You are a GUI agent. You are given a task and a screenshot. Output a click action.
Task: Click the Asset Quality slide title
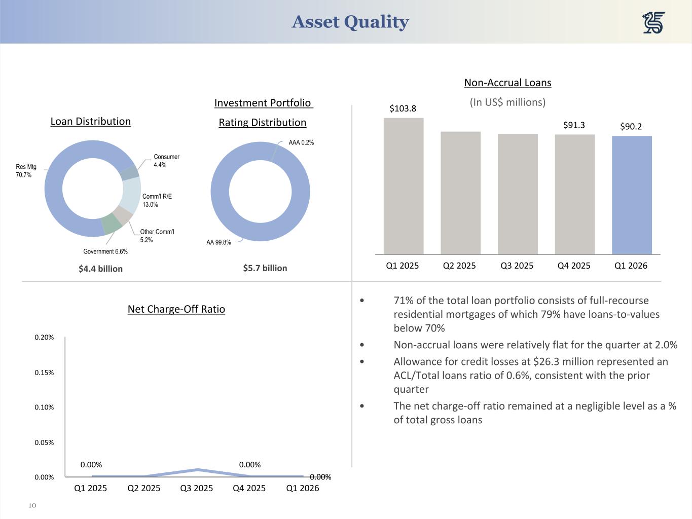tap(350, 22)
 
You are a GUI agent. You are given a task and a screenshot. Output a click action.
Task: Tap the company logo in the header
tap(653, 23)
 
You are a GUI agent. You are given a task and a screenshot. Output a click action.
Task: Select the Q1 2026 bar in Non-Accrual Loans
tap(632, 195)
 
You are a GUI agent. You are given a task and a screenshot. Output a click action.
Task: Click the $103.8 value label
tap(403, 108)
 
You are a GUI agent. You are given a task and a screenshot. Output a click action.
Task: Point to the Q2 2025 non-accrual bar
tap(460, 193)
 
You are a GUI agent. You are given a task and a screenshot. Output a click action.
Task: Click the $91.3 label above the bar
tap(574, 125)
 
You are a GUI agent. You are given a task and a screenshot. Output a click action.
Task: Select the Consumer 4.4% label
tap(166, 161)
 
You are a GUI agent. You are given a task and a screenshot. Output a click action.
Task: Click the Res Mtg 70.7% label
tap(26, 171)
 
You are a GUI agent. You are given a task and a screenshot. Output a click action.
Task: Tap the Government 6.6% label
tap(105, 251)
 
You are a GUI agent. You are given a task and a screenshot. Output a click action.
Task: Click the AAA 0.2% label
tap(301, 142)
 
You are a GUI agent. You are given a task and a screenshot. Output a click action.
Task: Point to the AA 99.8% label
tap(218, 242)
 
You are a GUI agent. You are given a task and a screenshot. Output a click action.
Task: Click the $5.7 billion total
tap(265, 268)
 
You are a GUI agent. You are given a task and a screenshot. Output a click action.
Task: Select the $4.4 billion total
tap(100, 269)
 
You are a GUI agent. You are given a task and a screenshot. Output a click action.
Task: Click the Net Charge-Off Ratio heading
tap(176, 309)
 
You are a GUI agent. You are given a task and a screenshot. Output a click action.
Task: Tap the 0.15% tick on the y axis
tap(44, 373)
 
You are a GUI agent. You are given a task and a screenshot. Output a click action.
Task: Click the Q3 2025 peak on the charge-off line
tap(197, 470)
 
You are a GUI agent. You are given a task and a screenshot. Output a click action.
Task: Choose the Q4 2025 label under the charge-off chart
tap(249, 488)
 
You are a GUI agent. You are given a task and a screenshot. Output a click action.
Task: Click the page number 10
tap(32, 505)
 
